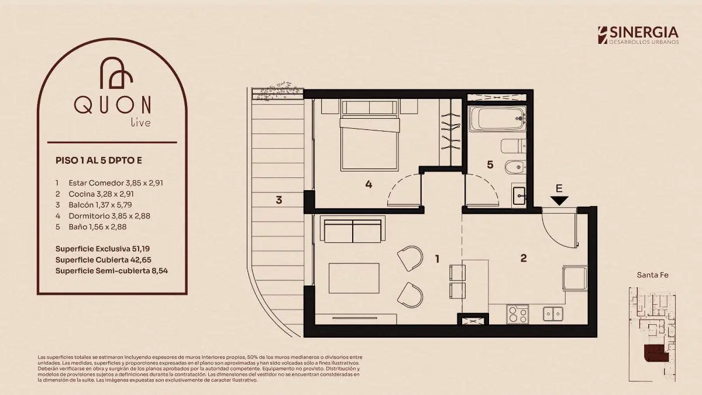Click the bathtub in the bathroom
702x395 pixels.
pyautogui.click(x=497, y=118)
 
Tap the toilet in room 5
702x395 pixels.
pyautogui.click(x=514, y=146)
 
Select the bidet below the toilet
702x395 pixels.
pyautogui.click(x=515, y=167)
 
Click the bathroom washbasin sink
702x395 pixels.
pyautogui.click(x=519, y=195)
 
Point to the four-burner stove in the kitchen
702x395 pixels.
pyautogui.click(x=518, y=314)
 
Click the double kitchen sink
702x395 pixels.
pyautogui.click(x=553, y=314)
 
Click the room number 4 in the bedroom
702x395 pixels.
pyautogui.click(x=369, y=184)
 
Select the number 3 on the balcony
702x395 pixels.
pyautogui.click(x=278, y=200)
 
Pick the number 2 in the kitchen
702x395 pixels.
pyautogui.click(x=524, y=258)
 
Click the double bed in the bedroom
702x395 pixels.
pyautogui.click(x=370, y=135)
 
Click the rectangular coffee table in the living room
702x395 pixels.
pyautogui.click(x=354, y=278)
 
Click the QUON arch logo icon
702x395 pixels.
pyautogui.click(x=116, y=73)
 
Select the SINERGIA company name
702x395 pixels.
pyautogui.click(x=644, y=33)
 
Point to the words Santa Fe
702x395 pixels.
pyautogui.click(x=652, y=275)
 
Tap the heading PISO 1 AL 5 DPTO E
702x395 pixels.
pyautogui.click(x=99, y=160)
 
